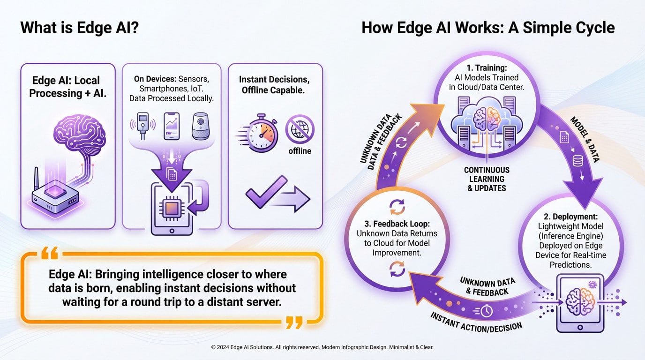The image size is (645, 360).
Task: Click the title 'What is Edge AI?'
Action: [x=79, y=28]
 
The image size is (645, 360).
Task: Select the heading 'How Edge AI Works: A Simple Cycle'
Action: [x=487, y=28]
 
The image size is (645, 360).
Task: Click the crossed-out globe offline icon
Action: [x=300, y=128]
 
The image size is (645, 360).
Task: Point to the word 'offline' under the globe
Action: [x=300, y=151]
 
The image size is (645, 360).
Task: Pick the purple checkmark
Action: [x=266, y=192]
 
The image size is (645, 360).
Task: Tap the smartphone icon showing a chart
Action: [x=172, y=126]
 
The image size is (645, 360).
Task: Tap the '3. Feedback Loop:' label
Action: [x=397, y=224]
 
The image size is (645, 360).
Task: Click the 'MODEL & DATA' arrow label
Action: [x=585, y=139]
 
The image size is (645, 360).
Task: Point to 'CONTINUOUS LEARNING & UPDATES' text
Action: [x=486, y=179]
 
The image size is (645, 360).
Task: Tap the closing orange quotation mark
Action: [x=294, y=322]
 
